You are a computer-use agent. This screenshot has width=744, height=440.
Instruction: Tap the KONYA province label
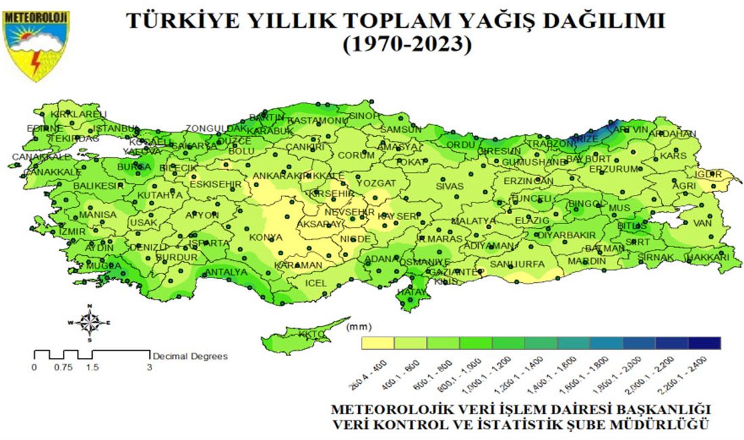(266, 238)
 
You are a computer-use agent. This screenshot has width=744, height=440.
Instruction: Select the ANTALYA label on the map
(226, 272)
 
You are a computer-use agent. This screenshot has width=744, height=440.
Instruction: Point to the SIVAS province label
(450, 185)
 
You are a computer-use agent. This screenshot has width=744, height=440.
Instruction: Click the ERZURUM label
(613, 169)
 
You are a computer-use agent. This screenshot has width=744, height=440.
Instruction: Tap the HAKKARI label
(710, 257)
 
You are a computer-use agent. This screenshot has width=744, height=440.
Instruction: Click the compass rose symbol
(89, 323)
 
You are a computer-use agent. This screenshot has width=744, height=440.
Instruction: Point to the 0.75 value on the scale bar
(64, 368)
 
